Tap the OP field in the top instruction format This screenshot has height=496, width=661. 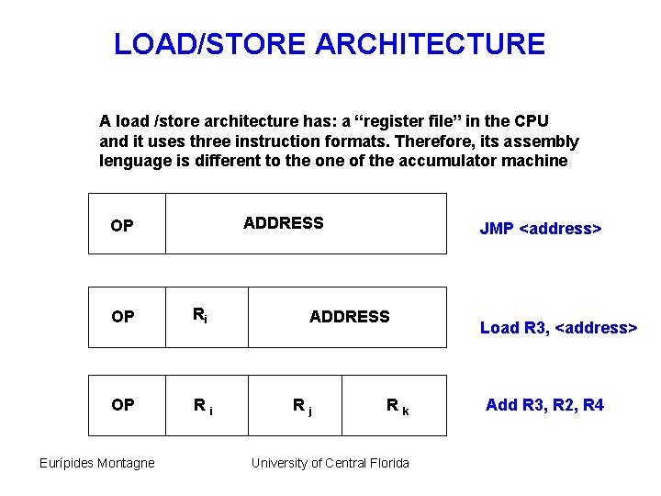coord(122,226)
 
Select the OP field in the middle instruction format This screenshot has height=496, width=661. coord(122,318)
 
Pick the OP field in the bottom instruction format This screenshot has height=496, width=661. coord(122,405)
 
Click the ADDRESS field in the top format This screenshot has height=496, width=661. coord(283,223)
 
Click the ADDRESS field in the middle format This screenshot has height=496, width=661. coord(349,317)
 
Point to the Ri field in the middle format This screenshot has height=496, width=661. coord(199,316)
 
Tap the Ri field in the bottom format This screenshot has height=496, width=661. coord(202,405)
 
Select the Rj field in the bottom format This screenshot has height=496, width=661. coord(301,405)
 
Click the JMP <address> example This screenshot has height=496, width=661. coord(540,229)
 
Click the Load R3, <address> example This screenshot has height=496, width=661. coord(558,328)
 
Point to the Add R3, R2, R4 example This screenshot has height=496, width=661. coord(544,405)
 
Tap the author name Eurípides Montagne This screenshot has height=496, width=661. coord(96,463)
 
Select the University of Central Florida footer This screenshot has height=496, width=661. coord(330,463)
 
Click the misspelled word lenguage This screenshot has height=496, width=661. coord(134,162)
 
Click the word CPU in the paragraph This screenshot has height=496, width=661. coord(531,120)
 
